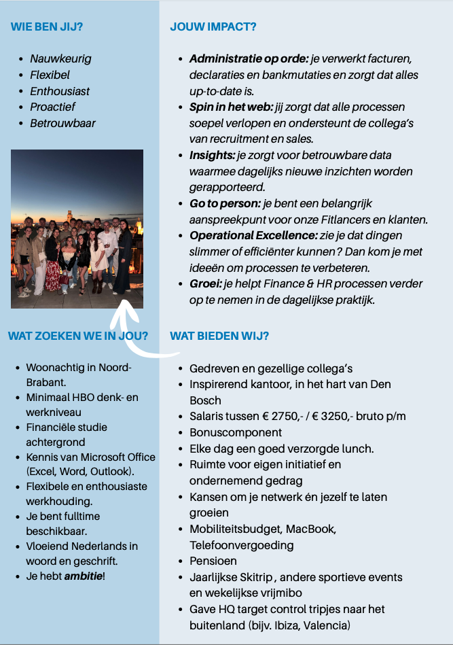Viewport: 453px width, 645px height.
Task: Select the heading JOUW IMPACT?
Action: (x=213, y=27)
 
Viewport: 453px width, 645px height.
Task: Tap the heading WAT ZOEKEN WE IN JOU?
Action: (x=78, y=335)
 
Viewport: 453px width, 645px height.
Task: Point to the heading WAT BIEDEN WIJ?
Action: (x=219, y=336)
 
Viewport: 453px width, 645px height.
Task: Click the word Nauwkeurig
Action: (x=60, y=58)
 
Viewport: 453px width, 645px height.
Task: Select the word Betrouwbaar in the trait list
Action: (x=62, y=123)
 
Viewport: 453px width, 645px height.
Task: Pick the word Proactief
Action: (x=52, y=107)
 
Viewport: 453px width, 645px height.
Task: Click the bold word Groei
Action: (x=204, y=283)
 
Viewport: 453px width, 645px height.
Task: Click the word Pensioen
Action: (x=213, y=561)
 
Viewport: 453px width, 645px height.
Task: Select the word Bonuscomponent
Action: (x=236, y=432)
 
